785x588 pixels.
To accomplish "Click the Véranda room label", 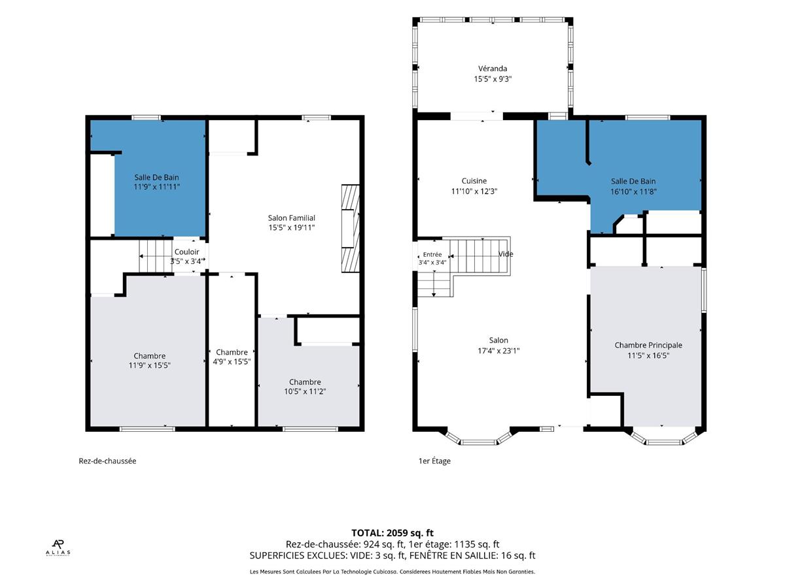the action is pyautogui.click(x=492, y=68).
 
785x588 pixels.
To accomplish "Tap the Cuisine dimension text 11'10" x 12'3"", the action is pyautogui.click(x=474, y=191).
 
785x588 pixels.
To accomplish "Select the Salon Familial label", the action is pyautogui.click(x=291, y=218).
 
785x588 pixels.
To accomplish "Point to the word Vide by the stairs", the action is pyautogui.click(x=505, y=254).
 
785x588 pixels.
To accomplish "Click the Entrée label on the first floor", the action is pyautogui.click(x=432, y=254).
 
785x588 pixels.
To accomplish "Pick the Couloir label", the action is pyautogui.click(x=186, y=252).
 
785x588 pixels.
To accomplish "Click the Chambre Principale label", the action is pyautogui.click(x=648, y=345).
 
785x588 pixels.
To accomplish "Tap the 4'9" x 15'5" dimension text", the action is pyautogui.click(x=232, y=361).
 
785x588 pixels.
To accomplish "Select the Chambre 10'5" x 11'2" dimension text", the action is pyautogui.click(x=305, y=391).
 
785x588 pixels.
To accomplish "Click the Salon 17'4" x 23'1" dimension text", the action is pyautogui.click(x=498, y=351).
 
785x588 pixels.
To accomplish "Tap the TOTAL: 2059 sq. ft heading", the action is pyautogui.click(x=392, y=532).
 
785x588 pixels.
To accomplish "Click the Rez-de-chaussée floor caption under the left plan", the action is pyautogui.click(x=107, y=461).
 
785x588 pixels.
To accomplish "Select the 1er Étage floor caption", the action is pyautogui.click(x=434, y=461).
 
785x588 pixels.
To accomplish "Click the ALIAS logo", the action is pyautogui.click(x=58, y=548).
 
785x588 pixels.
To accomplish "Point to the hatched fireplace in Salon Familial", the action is pyautogui.click(x=350, y=229).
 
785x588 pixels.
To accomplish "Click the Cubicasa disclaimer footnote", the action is pyautogui.click(x=392, y=572).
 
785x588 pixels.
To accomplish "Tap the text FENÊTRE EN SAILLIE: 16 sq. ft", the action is pyautogui.click(x=472, y=555).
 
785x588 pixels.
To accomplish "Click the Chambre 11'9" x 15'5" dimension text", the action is pyautogui.click(x=149, y=365).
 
